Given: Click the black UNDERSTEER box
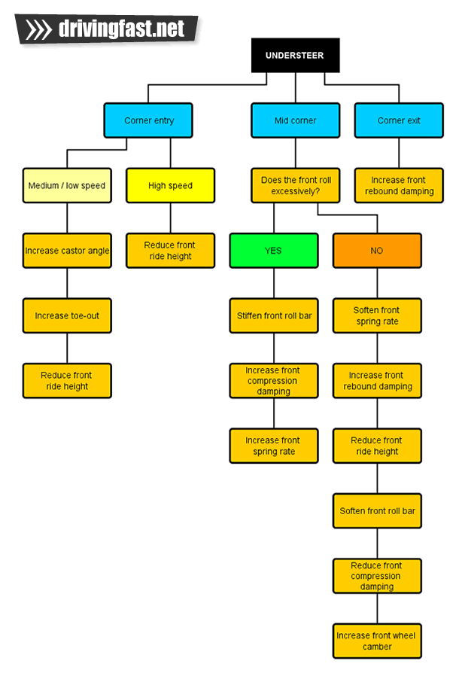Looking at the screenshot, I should tap(295, 55).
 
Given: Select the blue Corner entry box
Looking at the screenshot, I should tap(148, 120).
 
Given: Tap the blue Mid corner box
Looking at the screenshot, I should tap(295, 120).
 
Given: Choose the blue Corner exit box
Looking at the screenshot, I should tap(399, 120).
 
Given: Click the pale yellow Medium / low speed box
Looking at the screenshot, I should tap(67, 185).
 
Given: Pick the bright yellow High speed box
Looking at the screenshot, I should tap(170, 185).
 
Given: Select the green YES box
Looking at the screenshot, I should tap(273, 251).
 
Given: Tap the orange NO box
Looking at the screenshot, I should tap(377, 251).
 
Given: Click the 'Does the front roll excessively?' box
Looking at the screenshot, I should tap(295, 185).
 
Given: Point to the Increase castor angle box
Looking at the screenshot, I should tap(67, 251).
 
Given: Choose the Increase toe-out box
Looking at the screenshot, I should tap(67, 315).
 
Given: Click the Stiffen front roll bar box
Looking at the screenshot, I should tap(273, 315).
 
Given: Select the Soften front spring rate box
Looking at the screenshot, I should tap(377, 315).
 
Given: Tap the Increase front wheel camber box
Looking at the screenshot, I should tap(377, 641).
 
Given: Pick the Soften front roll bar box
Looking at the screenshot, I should tap(377, 510).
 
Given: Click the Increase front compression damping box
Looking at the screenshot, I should tap(273, 381).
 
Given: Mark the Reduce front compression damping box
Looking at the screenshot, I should tap(377, 576).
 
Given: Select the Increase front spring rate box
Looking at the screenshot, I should tap(273, 446).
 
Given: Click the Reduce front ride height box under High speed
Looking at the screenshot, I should tap(170, 251).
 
